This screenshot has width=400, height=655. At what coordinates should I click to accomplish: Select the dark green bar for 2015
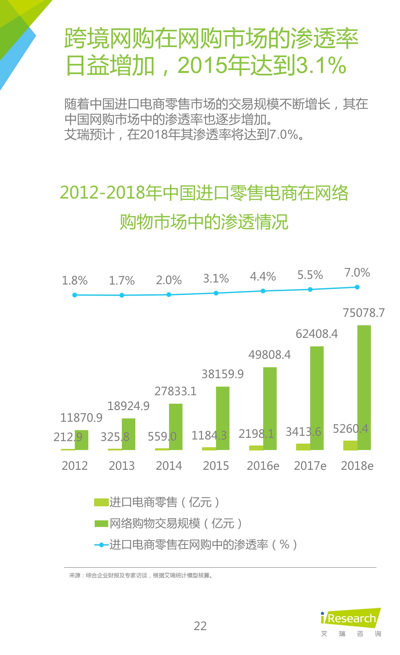(223, 418)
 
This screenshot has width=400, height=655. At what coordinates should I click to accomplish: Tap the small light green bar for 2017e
(303, 447)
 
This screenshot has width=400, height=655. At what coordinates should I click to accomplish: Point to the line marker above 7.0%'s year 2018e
(357, 287)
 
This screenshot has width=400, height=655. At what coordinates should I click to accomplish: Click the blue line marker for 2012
(75, 295)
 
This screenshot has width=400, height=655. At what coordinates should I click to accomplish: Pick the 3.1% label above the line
(216, 279)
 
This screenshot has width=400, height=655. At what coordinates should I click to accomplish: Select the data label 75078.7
(363, 313)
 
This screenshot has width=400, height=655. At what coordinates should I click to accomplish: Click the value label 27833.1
(175, 391)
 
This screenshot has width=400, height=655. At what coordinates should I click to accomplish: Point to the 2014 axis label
(169, 466)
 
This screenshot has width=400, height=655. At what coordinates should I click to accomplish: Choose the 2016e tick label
(263, 466)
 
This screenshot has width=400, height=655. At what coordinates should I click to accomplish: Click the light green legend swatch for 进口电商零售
(101, 502)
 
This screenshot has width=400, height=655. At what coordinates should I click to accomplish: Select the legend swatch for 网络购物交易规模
(101, 523)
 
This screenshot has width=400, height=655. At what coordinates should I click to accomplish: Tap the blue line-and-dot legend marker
(101, 545)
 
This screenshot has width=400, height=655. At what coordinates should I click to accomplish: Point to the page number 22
(200, 626)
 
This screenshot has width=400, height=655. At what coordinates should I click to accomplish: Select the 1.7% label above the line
(122, 280)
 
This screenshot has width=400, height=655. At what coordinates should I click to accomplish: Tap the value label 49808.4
(269, 355)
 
